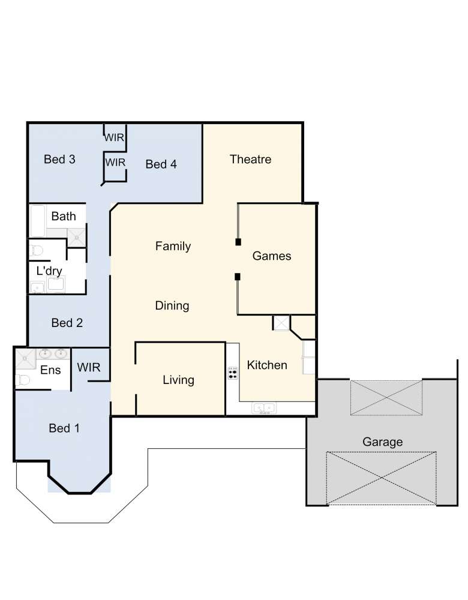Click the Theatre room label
[251, 159]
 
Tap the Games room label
[272, 256]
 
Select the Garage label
[382, 442]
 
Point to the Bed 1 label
[64, 428]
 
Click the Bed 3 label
[59, 159]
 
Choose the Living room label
[178, 380]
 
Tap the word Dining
[172, 306]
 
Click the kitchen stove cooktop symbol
[233, 373]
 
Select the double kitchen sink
[263, 408]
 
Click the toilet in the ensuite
[23, 380]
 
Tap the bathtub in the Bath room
[38, 221]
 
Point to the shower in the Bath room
[77, 238]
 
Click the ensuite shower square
[25, 359]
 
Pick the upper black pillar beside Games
[238, 242]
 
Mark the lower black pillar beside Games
[238, 277]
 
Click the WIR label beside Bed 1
[89, 367]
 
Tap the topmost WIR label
[114, 137]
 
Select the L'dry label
[49, 271]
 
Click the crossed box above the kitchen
[281, 323]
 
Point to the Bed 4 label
[161, 164]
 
